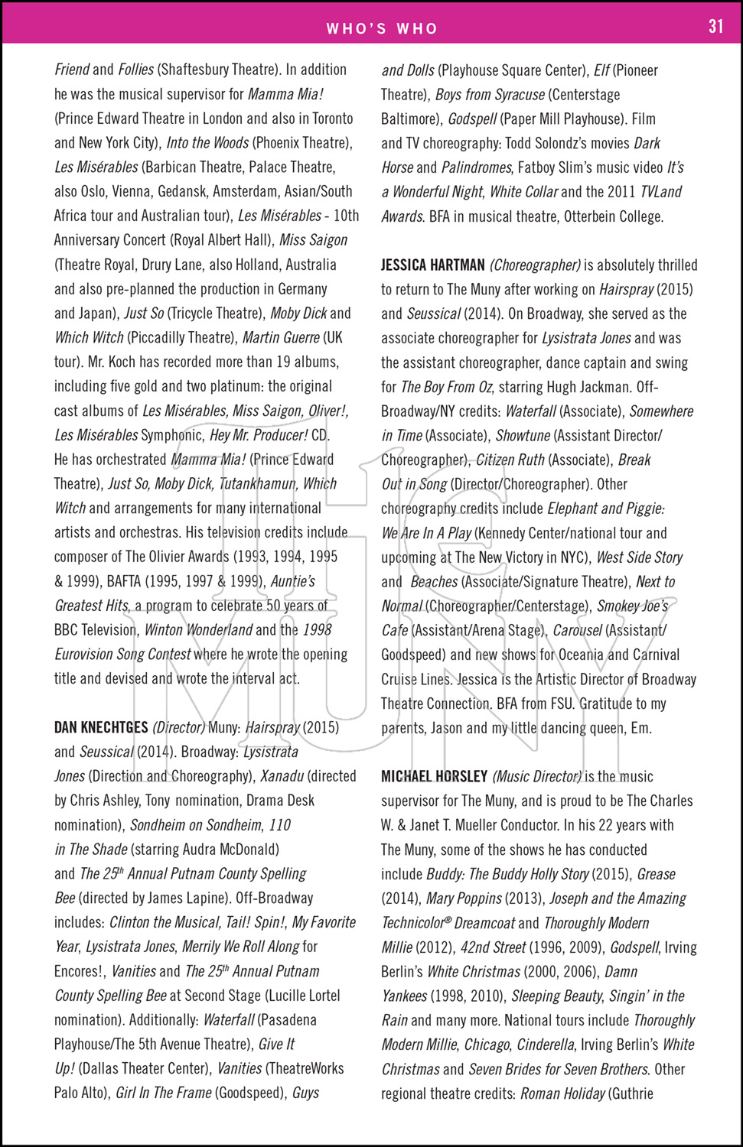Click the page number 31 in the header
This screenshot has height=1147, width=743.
click(x=715, y=27)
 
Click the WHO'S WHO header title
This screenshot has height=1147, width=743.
click(x=382, y=29)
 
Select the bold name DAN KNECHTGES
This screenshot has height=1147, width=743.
click(x=101, y=727)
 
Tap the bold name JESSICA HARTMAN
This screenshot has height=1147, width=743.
click(x=433, y=265)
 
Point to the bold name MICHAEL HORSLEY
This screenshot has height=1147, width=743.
click(x=435, y=777)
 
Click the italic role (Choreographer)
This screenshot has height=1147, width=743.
click(x=536, y=265)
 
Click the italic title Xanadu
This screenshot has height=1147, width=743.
click(x=282, y=776)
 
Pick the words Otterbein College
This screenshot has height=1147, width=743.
click(x=614, y=216)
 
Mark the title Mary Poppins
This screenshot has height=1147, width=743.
click(x=464, y=898)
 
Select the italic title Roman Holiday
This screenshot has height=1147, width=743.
click(x=562, y=1093)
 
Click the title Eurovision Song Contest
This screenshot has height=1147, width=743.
click(x=122, y=655)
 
